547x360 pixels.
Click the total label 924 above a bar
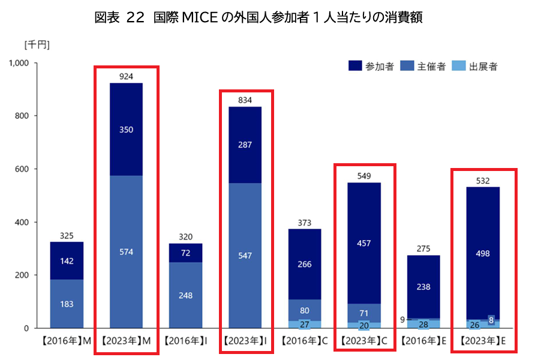pos(126,76)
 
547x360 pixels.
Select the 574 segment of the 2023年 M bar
pos(126,252)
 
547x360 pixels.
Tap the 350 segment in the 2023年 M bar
pos(126,129)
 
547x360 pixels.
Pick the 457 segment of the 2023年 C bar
pos(363,243)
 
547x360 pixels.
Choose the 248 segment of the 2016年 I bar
pos(185,295)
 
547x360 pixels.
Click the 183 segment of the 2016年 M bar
pos(67,304)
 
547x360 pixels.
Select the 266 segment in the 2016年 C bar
pos(304,264)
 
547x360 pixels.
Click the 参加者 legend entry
pos(372,67)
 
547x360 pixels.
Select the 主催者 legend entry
pos(424,67)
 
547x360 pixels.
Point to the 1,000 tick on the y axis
pos(19,62)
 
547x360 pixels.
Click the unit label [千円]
pos(37,44)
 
